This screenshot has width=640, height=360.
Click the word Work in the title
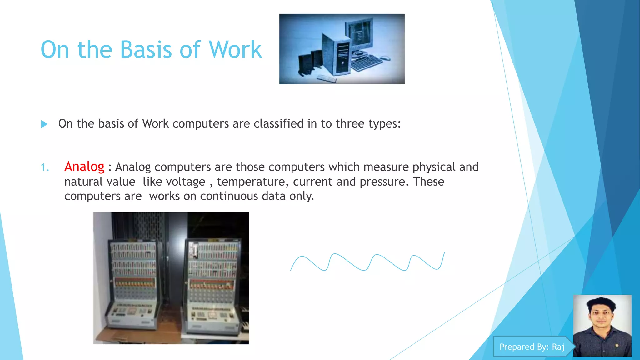pyautogui.click(x=235, y=50)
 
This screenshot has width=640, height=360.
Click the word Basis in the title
pyautogui.click(x=146, y=50)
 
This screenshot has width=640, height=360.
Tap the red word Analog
pyautogui.click(x=84, y=167)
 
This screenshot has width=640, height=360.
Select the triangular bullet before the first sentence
pyautogui.click(x=44, y=124)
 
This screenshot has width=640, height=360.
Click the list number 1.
pyautogui.click(x=45, y=168)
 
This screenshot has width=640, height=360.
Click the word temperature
pyautogui.click(x=251, y=182)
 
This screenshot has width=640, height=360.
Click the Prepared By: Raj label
pyautogui.click(x=532, y=347)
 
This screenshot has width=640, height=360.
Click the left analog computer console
pyautogui.click(x=132, y=283)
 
